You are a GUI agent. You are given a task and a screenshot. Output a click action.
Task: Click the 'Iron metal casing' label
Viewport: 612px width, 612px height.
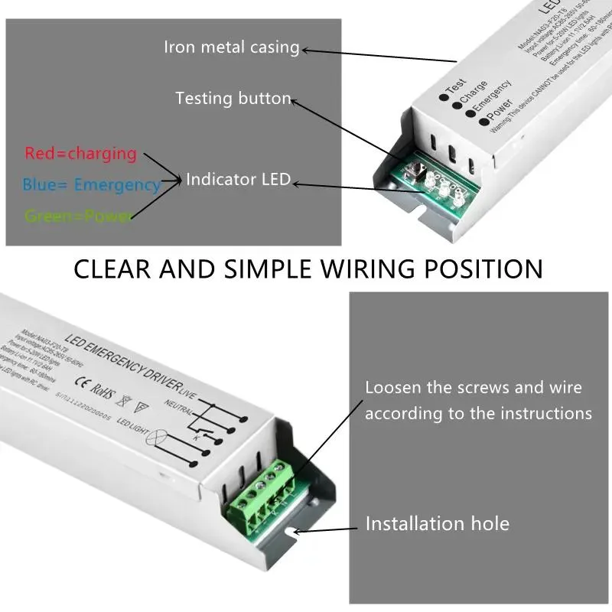coord(231,47)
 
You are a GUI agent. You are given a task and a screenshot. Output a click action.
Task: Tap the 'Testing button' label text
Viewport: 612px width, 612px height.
coord(233,99)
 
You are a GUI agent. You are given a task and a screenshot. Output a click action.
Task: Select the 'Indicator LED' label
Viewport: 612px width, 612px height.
coord(238,180)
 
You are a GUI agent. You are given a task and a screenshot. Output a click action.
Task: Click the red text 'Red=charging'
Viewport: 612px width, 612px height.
coord(80,153)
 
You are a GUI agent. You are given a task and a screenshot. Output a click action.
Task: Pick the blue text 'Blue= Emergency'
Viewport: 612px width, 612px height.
coord(91,184)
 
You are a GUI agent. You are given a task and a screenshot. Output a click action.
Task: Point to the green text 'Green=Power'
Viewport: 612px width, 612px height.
coord(77,216)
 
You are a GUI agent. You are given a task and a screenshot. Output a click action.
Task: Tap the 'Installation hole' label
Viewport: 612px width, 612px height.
coord(437,524)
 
